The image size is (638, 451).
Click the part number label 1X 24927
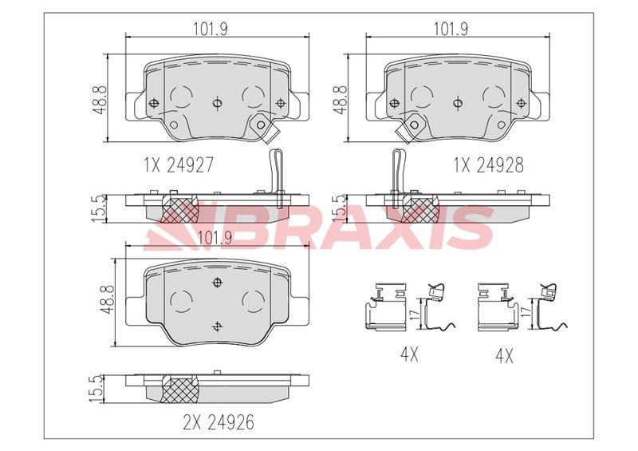coord(178,165)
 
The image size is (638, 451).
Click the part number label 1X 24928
coord(488,165)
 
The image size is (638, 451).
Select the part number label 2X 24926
coord(219,422)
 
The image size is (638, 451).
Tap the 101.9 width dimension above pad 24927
coord(211,29)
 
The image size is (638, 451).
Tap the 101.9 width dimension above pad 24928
coord(451,29)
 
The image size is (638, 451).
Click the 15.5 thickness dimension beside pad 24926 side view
coord(97,389)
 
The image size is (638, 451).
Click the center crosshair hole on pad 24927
coord(218,103)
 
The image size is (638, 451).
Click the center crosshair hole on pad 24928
coord(458,103)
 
